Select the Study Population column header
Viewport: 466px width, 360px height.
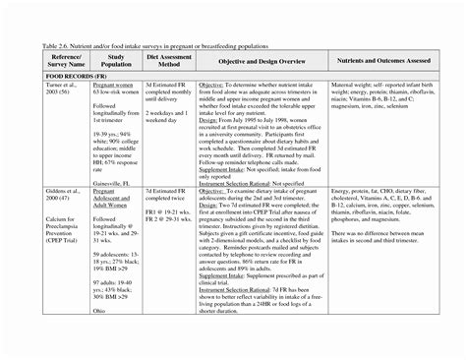click(x=115, y=61)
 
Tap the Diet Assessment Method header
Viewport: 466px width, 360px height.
click(x=164, y=61)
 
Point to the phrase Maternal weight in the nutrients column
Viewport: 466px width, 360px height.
click(x=354, y=85)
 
